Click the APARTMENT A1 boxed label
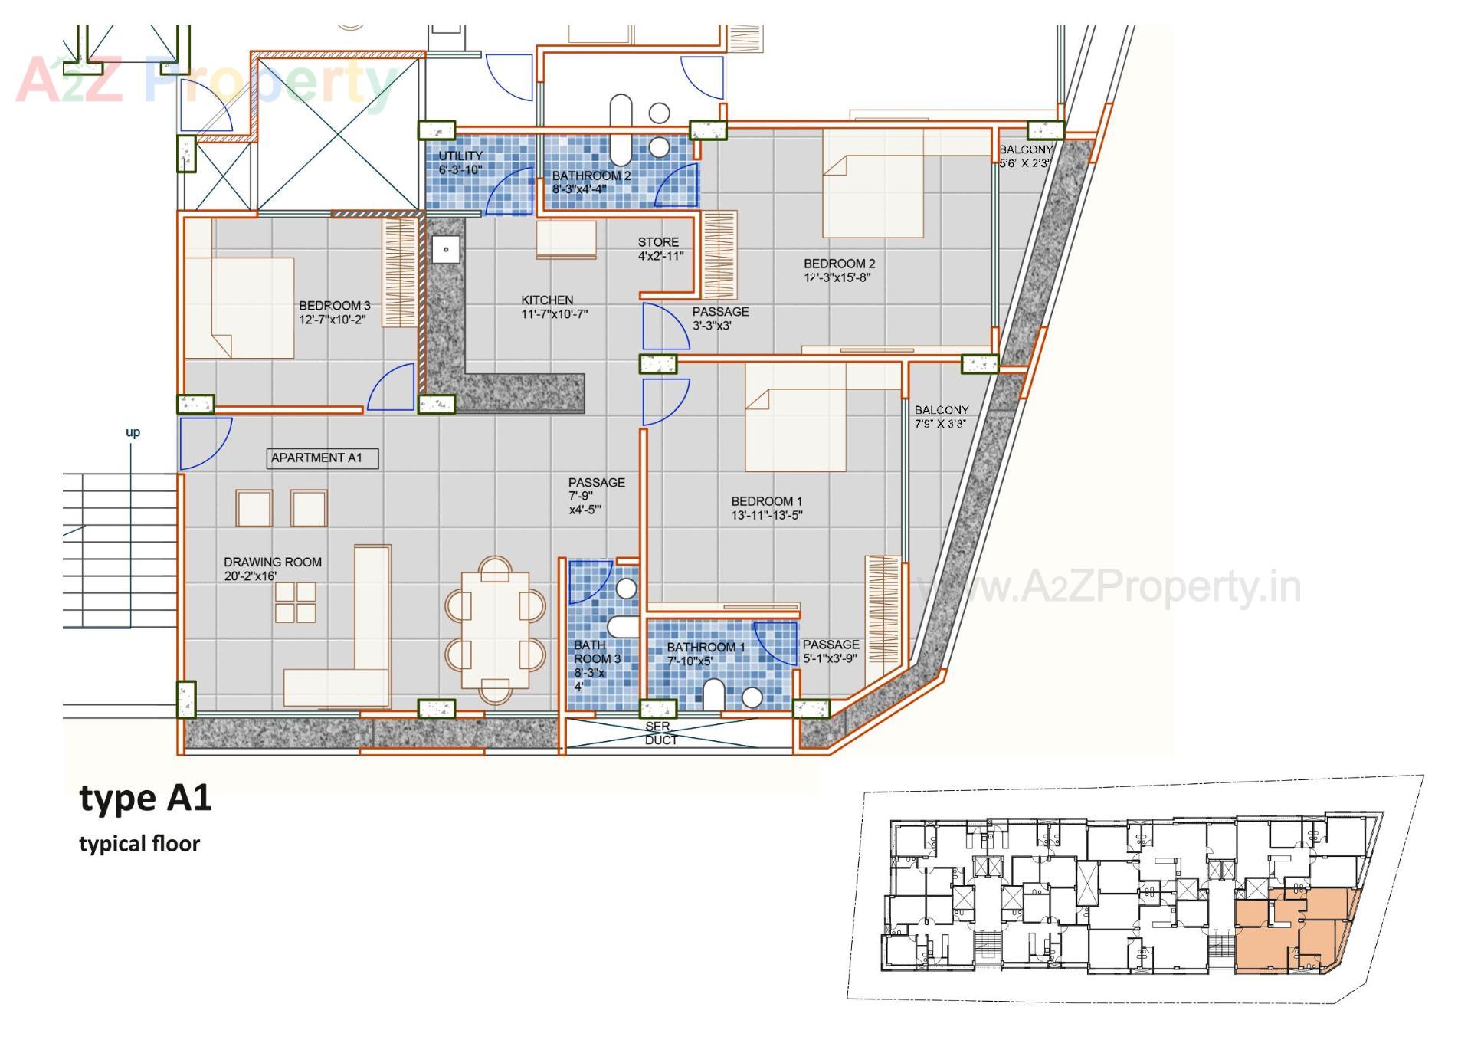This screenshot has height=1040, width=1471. pyautogui.click(x=323, y=458)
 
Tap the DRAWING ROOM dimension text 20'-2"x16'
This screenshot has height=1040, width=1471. pyautogui.click(x=250, y=576)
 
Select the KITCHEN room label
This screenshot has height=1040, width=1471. pyautogui.click(x=547, y=300)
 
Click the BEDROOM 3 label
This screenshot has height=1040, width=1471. pyautogui.click(x=334, y=306)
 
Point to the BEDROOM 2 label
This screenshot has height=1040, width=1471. pyautogui.click(x=839, y=264)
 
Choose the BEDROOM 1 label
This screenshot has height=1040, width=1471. pyautogui.click(x=766, y=501)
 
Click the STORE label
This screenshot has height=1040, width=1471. pyautogui.click(x=658, y=242)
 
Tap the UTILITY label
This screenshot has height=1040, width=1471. pyautogui.click(x=460, y=156)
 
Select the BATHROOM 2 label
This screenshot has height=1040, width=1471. pyautogui.click(x=591, y=176)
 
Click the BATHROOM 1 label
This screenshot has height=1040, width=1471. pyautogui.click(x=706, y=648)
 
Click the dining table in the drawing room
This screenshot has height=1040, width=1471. pyautogui.click(x=496, y=629)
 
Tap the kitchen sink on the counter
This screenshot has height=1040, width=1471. pyautogui.click(x=445, y=250)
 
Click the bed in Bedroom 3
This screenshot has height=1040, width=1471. pyautogui.click(x=239, y=307)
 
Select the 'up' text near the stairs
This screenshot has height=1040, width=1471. pyautogui.click(x=133, y=432)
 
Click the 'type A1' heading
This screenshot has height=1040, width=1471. pyautogui.click(x=146, y=799)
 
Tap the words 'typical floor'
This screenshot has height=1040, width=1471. pyautogui.click(x=139, y=844)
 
